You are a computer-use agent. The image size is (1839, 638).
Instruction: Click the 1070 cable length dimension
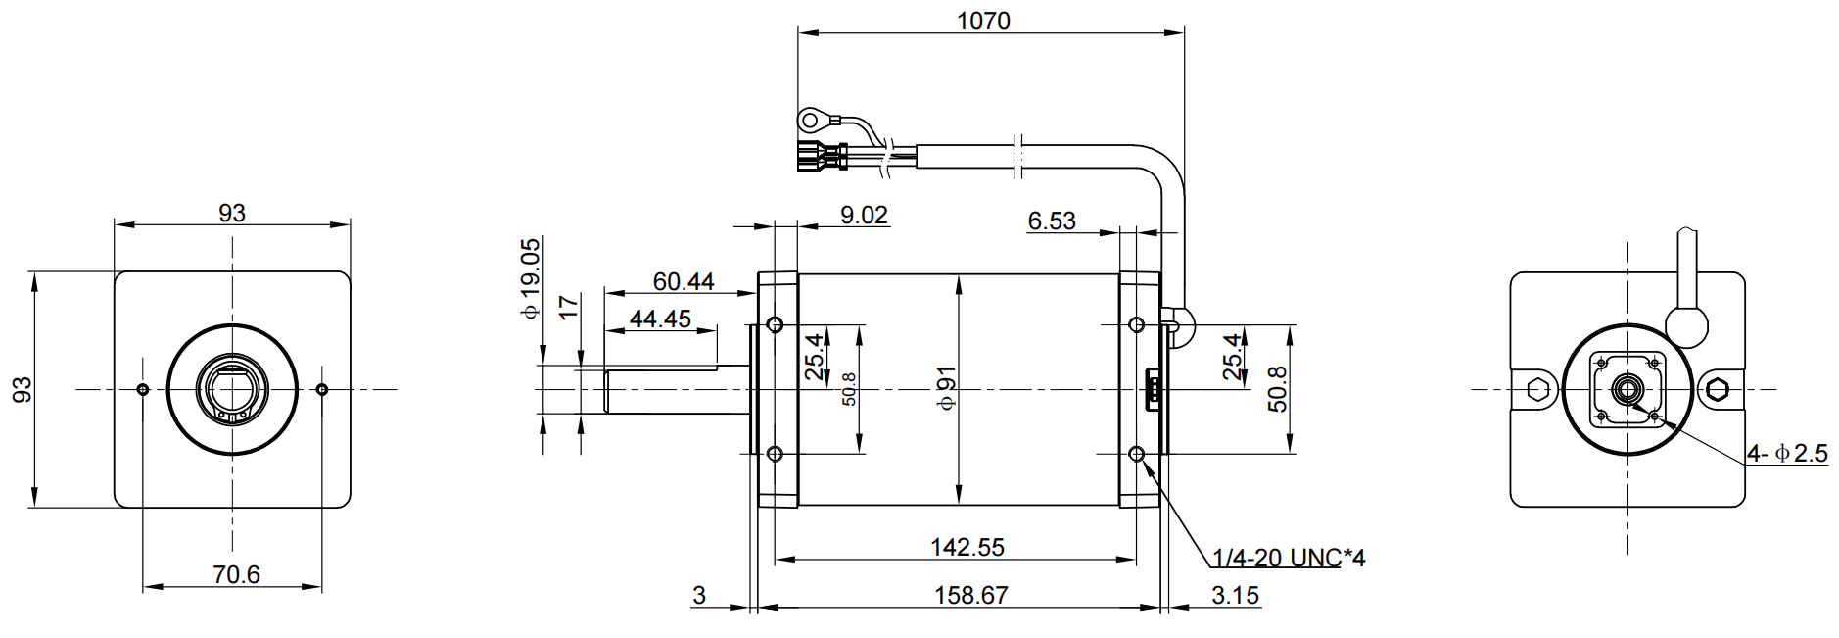(983, 21)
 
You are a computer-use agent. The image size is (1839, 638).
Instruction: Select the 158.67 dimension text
(970, 595)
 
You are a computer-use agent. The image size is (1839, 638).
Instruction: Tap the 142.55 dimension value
(967, 547)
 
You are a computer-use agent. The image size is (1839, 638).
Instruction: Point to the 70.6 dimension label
(236, 574)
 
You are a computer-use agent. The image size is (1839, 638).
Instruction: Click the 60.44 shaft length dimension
(684, 281)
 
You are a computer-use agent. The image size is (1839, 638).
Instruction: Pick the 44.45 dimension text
(660, 319)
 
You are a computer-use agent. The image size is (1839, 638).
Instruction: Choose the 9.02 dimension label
(864, 215)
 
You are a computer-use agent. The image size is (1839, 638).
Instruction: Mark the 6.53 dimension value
(1052, 221)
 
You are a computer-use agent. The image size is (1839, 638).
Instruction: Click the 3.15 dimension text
(1235, 595)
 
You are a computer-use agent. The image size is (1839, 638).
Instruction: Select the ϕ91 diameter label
(946, 388)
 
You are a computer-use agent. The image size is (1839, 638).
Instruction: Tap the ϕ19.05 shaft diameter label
(530, 278)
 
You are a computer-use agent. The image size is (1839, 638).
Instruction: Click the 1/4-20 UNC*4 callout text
(1289, 558)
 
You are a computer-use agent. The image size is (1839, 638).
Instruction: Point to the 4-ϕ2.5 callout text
(1787, 453)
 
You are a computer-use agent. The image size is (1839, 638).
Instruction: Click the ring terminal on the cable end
(811, 121)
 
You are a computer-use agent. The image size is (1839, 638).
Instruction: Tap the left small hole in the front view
(143, 390)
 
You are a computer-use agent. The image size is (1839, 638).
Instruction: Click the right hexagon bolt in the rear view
(1716, 389)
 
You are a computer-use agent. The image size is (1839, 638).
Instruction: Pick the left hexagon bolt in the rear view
(1536, 389)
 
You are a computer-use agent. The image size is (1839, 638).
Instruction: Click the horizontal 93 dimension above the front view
(232, 213)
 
